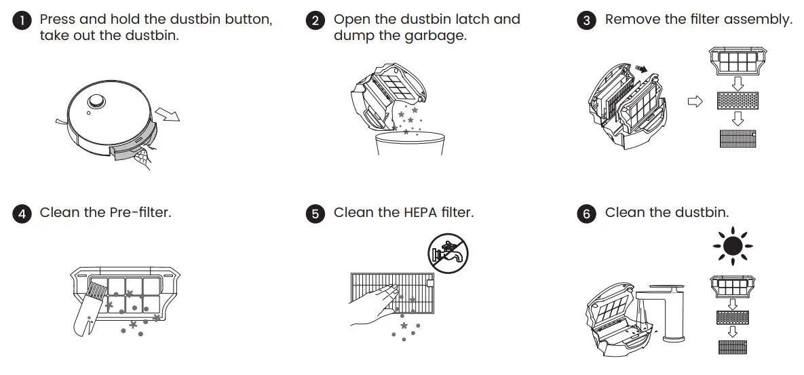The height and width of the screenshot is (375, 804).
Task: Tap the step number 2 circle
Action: [x=315, y=21]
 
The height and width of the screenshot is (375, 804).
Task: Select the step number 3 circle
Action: [x=587, y=21]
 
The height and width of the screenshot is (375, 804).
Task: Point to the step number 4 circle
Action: [x=22, y=214]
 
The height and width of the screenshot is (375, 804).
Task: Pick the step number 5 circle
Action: [x=315, y=214]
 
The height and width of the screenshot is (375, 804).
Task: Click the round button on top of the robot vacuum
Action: [x=96, y=100]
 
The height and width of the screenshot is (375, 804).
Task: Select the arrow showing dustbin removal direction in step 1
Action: [x=168, y=113]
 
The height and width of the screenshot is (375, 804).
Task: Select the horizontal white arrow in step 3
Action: [x=693, y=102]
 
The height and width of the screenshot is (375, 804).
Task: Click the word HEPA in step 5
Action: [x=402, y=213]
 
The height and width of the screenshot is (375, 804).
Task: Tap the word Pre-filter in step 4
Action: [x=140, y=213]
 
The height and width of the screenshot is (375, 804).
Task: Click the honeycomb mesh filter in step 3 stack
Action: [x=737, y=101]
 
